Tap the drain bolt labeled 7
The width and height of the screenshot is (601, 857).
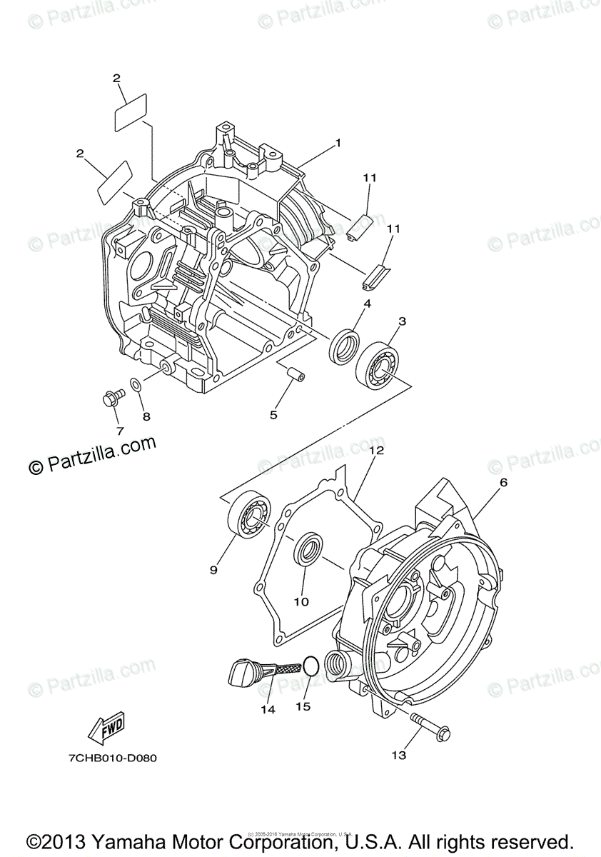tap(111, 397)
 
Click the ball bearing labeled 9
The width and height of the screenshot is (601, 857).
tap(248, 514)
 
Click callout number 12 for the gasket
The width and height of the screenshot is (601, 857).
tap(376, 451)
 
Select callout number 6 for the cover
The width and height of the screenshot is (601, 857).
tap(503, 483)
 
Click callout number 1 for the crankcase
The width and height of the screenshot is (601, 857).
tap(338, 143)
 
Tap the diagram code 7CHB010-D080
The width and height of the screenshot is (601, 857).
tap(105, 758)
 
